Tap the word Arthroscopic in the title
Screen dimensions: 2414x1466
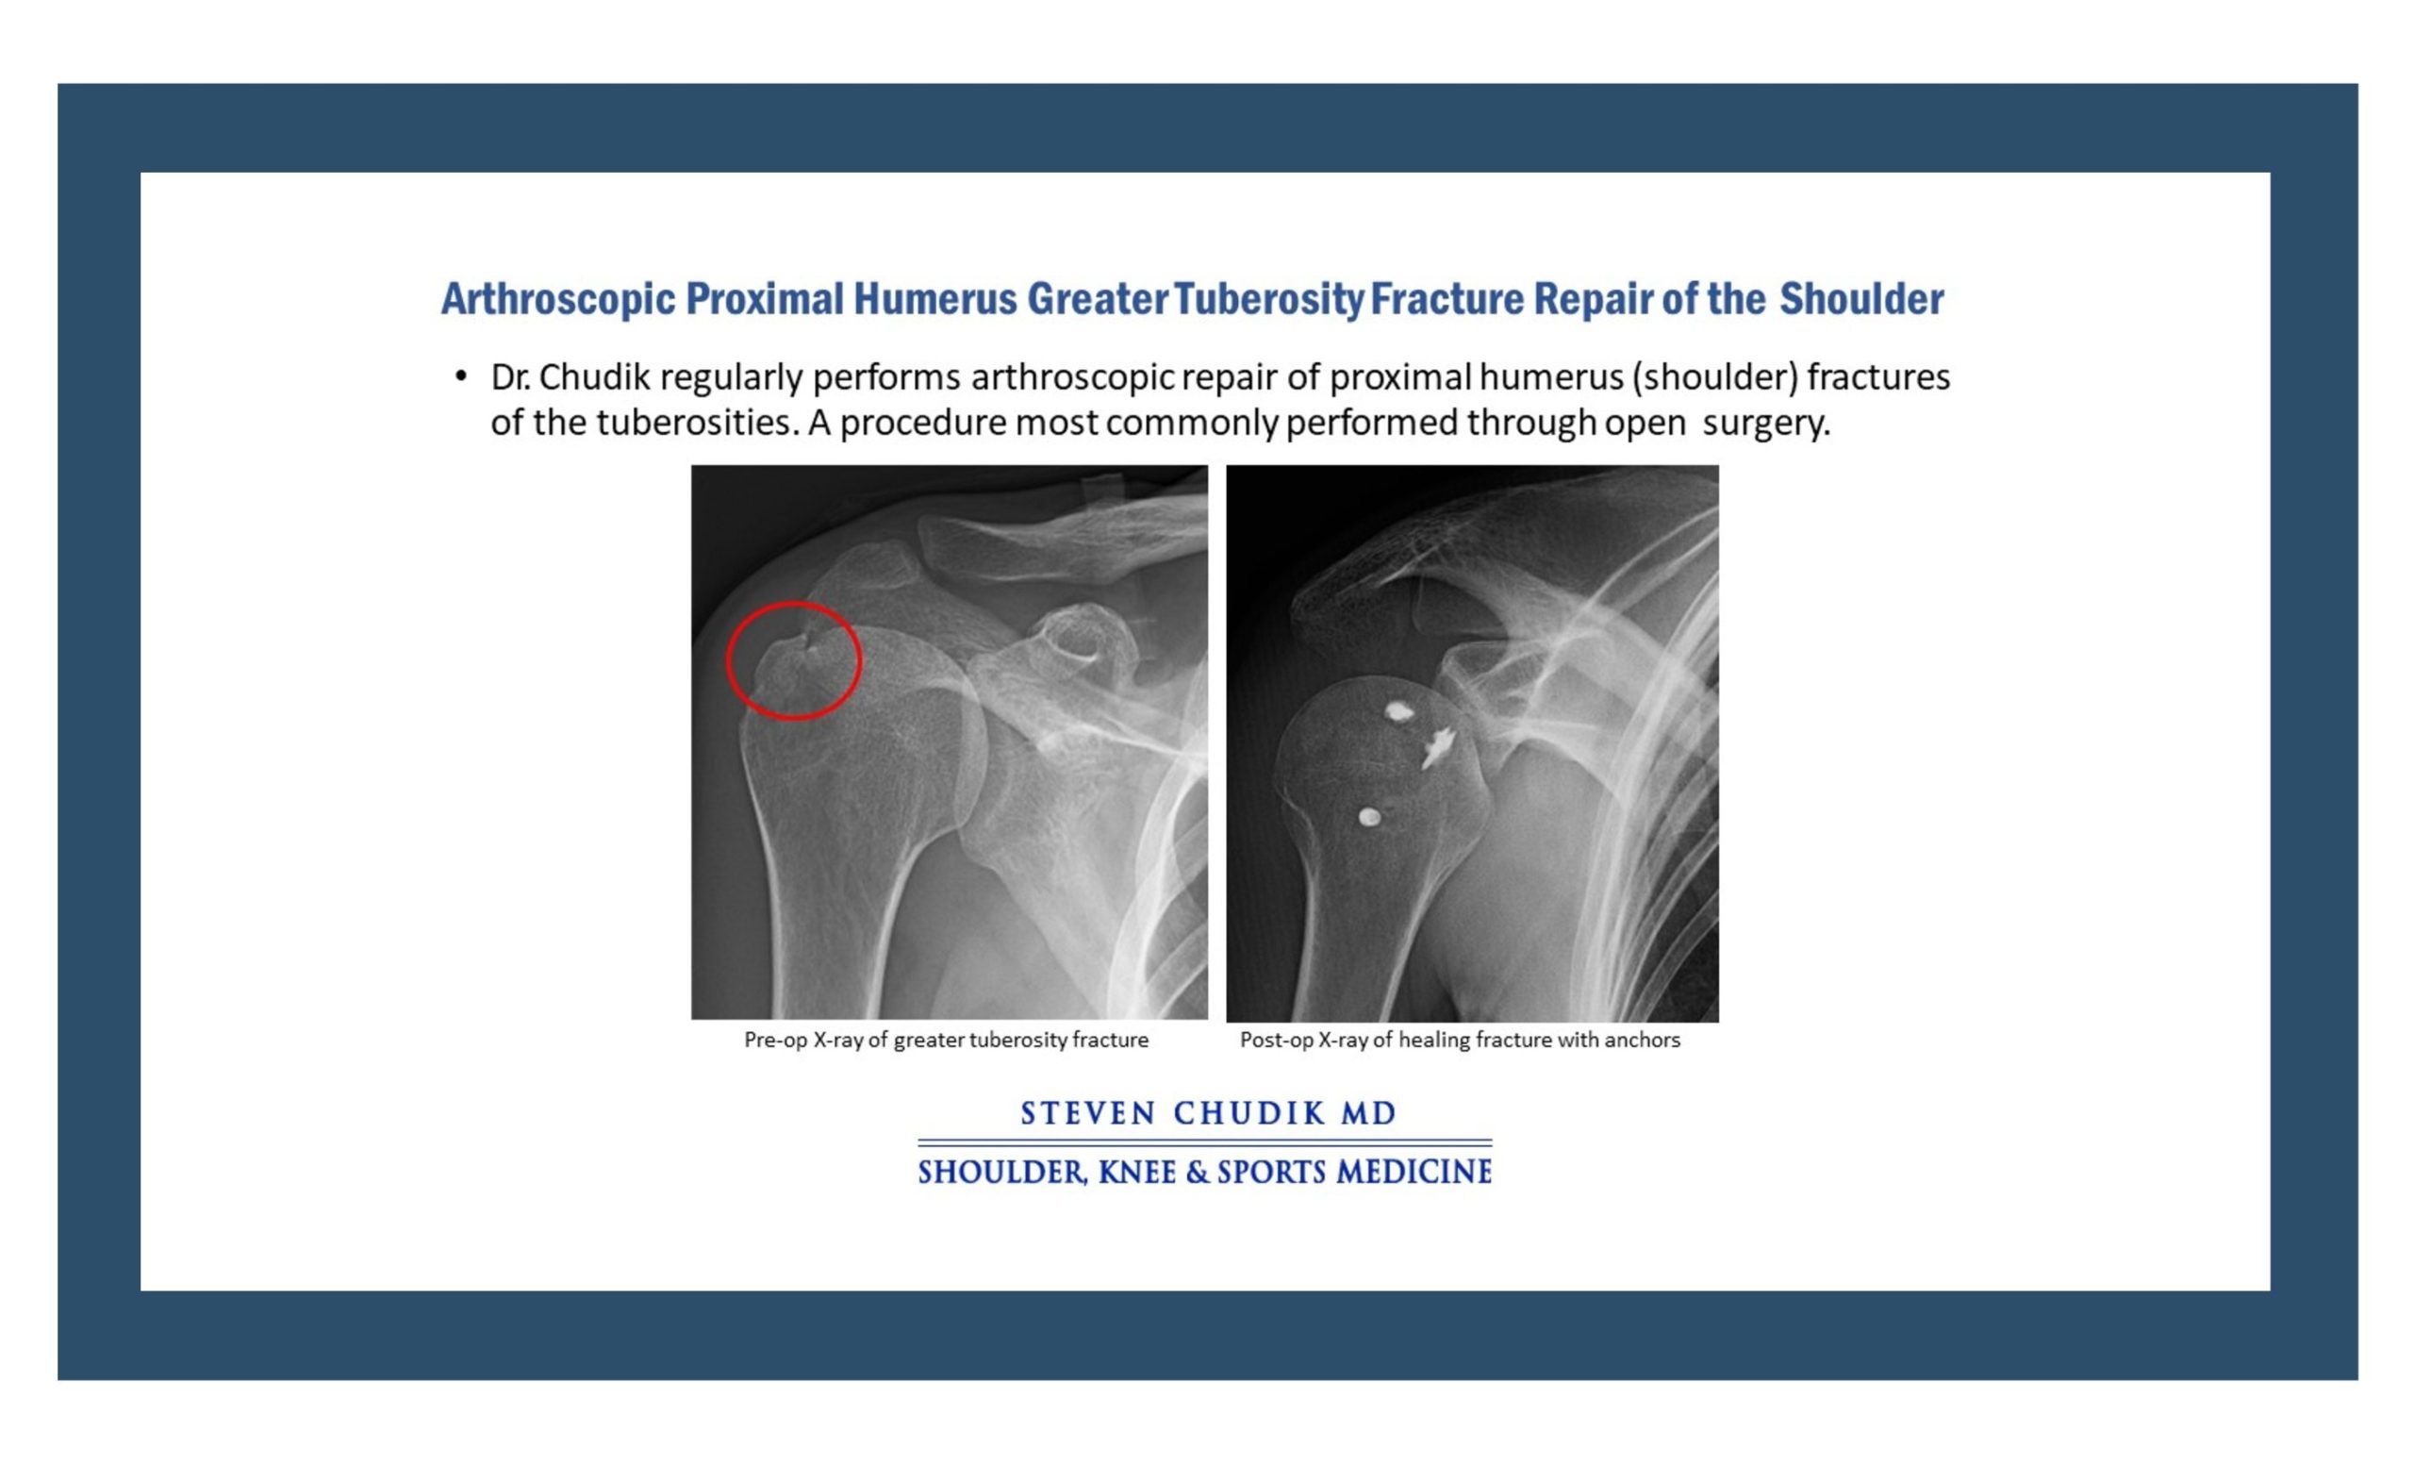pos(557,299)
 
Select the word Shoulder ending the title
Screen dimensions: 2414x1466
pos(1861,299)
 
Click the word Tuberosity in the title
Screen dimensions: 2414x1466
pos(1268,299)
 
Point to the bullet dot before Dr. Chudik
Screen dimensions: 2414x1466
pos(460,375)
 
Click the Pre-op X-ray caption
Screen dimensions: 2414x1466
pos(947,1040)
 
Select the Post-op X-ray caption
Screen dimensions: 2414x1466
pos(1460,1040)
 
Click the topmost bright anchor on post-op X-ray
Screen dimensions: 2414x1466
pos(1398,710)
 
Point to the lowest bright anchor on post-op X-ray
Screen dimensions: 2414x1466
pos(1369,816)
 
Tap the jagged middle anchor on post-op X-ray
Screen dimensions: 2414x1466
pos(1437,748)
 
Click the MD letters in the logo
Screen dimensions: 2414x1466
pos(1368,1113)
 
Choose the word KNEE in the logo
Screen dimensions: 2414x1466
pos(1136,1172)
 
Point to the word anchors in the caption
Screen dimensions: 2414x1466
pos(1643,1040)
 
